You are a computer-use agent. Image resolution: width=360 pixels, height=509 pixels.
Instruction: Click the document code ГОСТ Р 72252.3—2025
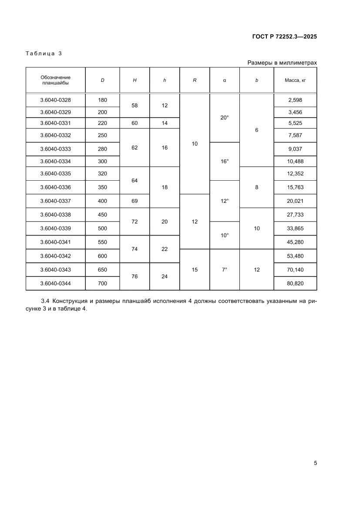tap(284, 37)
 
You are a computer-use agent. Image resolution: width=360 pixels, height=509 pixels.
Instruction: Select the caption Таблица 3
tap(44, 54)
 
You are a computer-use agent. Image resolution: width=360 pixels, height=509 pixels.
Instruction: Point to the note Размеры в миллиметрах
tap(282, 63)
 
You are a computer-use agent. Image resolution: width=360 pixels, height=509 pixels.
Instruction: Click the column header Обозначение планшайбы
tap(55, 80)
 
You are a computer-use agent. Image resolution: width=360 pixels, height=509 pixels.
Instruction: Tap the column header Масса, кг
tap(295, 80)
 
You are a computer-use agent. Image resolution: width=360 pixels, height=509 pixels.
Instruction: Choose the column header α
tap(225, 80)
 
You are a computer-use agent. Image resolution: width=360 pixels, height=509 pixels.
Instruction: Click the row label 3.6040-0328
tap(55, 100)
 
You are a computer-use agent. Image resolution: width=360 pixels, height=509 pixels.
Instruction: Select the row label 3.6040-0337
tap(55, 201)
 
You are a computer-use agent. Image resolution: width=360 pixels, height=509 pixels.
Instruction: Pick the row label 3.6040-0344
tap(55, 283)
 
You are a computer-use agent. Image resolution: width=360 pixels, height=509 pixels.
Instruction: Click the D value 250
tap(102, 135)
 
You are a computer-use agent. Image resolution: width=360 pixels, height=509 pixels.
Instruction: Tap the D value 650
tap(102, 270)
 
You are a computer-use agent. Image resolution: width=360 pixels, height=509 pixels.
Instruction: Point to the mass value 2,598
tap(295, 100)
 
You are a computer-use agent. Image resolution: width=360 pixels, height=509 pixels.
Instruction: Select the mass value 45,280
tap(295, 243)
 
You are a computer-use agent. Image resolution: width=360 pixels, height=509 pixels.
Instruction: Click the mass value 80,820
tap(295, 283)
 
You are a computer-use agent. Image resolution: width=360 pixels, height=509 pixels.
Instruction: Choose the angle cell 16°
tap(225, 161)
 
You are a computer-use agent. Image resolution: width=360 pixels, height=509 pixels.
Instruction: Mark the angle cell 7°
tap(225, 270)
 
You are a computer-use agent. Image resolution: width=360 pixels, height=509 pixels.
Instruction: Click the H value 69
tap(135, 201)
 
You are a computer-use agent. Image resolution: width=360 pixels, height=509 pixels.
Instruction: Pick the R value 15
tap(195, 270)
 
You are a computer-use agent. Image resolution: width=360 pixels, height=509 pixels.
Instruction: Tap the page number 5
tap(315, 463)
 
